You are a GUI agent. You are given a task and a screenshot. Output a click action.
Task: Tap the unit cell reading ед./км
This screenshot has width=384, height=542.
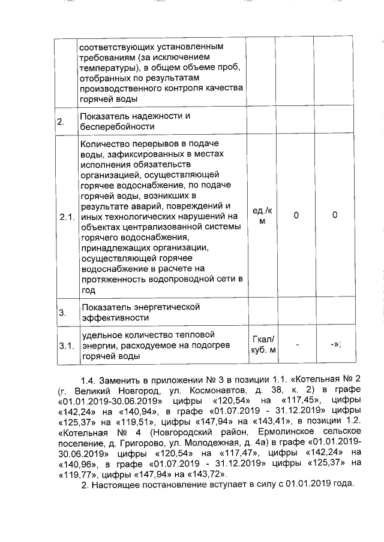tap(261, 216)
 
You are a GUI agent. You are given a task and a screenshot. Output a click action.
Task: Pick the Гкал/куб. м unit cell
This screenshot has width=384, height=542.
tap(261, 346)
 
